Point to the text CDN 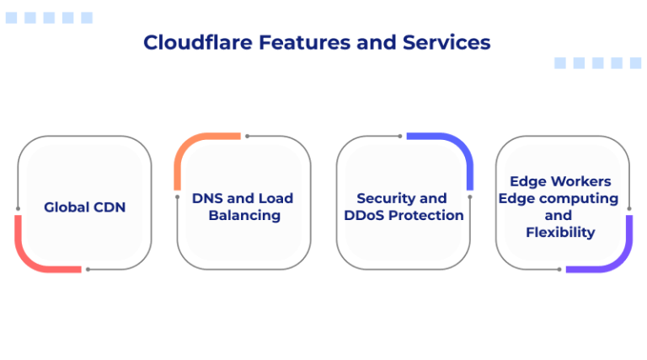pyautogui.click(x=109, y=207)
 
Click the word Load pyautogui.click(x=276, y=198)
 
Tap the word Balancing pyautogui.click(x=244, y=215)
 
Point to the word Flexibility pyautogui.click(x=560, y=232)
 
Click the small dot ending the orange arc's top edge pyautogui.click(x=246, y=136)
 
